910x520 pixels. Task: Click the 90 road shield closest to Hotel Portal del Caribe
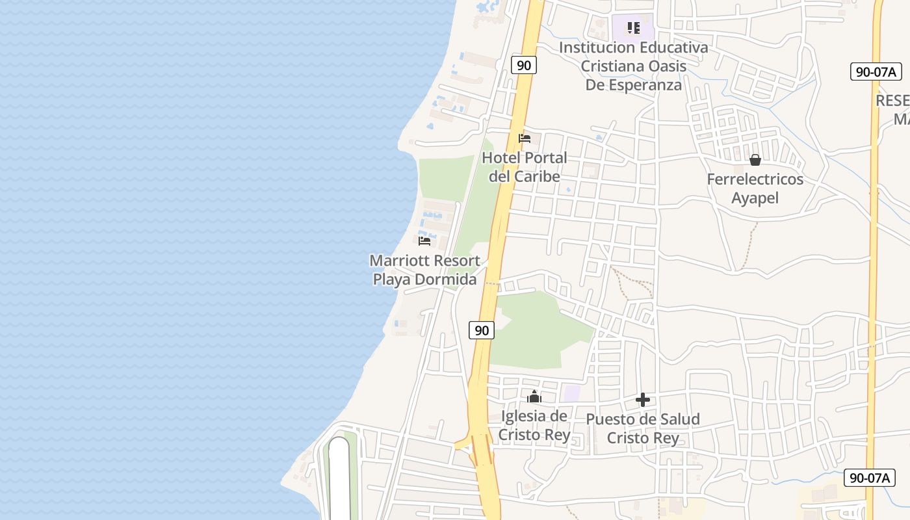[523, 65]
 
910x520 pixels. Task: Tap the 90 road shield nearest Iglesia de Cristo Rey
[482, 330]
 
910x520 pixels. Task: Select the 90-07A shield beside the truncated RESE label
[876, 71]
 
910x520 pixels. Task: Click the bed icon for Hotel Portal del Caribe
[525, 138]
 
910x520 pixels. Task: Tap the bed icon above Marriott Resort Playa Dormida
[424, 241]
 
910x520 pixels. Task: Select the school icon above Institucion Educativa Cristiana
[633, 28]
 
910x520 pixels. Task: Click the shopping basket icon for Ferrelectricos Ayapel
[755, 160]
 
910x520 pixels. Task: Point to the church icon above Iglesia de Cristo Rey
[534, 396]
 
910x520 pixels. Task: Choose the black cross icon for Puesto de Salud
[643, 400]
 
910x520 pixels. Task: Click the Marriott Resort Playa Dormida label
[425, 270]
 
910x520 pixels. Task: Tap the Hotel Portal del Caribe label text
[525, 167]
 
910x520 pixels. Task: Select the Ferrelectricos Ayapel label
[755, 188]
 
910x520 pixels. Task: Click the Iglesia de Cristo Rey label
[534, 426]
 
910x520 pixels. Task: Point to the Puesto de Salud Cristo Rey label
[643, 428]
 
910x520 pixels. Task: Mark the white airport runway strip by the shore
[339, 478]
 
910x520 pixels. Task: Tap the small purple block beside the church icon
[571, 393]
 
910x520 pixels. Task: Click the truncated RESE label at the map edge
[892, 101]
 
